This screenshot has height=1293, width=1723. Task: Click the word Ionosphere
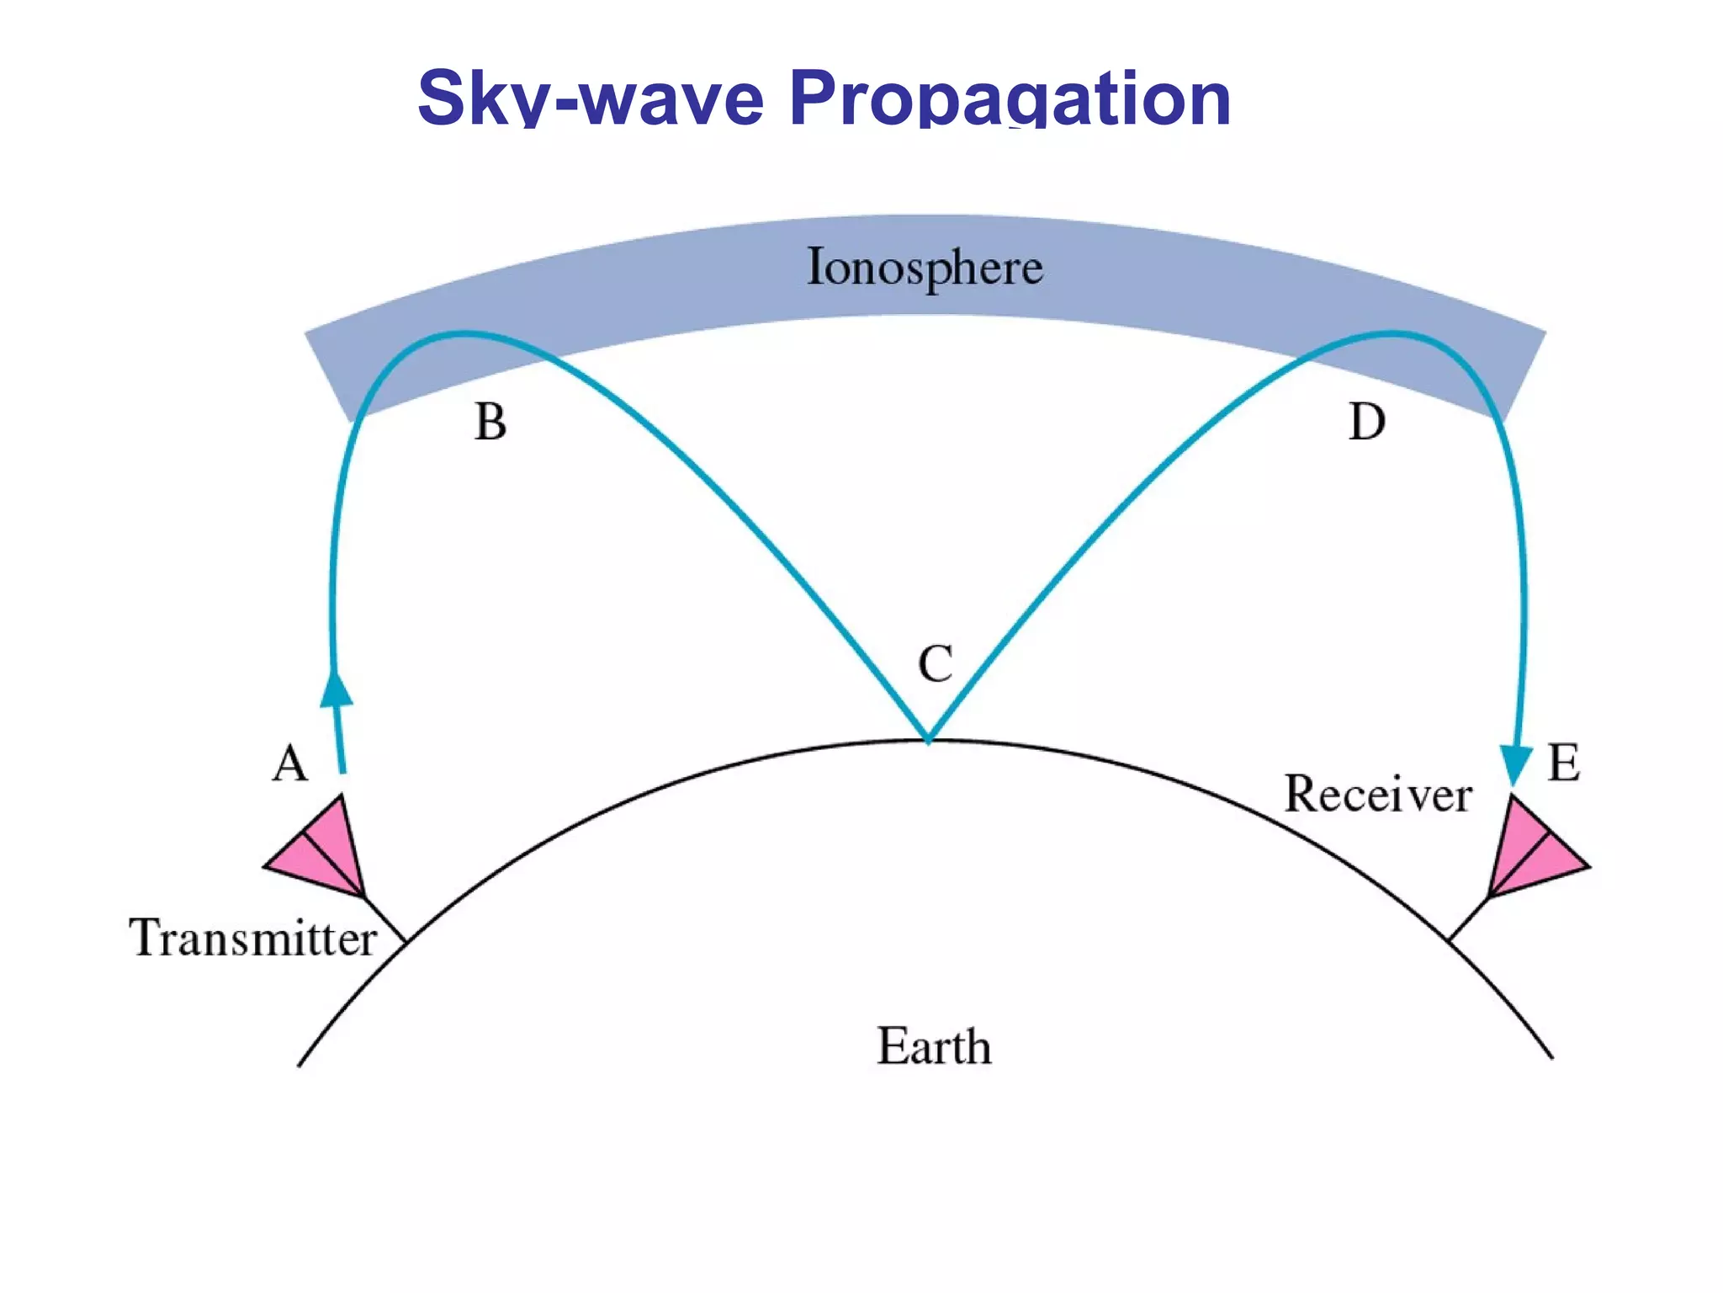tap(925, 268)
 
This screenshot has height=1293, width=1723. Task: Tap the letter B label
tap(490, 422)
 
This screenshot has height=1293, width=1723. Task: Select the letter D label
tap(1366, 422)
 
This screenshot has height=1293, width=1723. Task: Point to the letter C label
tap(935, 664)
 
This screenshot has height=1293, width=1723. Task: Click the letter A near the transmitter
tap(290, 764)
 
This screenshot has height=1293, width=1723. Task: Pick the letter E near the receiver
tap(1563, 764)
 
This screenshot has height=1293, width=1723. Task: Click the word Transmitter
tap(252, 938)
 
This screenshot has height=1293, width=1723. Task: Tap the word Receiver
tap(1377, 794)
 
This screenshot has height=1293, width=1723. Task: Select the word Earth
tap(934, 1046)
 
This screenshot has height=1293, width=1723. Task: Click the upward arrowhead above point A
tap(337, 689)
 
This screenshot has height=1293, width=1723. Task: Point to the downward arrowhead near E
tap(1516, 763)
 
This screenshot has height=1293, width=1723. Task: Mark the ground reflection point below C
tap(927, 740)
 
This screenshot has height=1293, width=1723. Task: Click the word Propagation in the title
tap(1010, 99)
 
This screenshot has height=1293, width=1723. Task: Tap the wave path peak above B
tap(461, 334)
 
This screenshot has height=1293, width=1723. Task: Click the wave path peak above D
tap(1392, 334)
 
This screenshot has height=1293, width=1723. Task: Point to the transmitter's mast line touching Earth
tap(385, 919)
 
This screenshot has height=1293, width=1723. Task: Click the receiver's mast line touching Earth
tap(1468, 919)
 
